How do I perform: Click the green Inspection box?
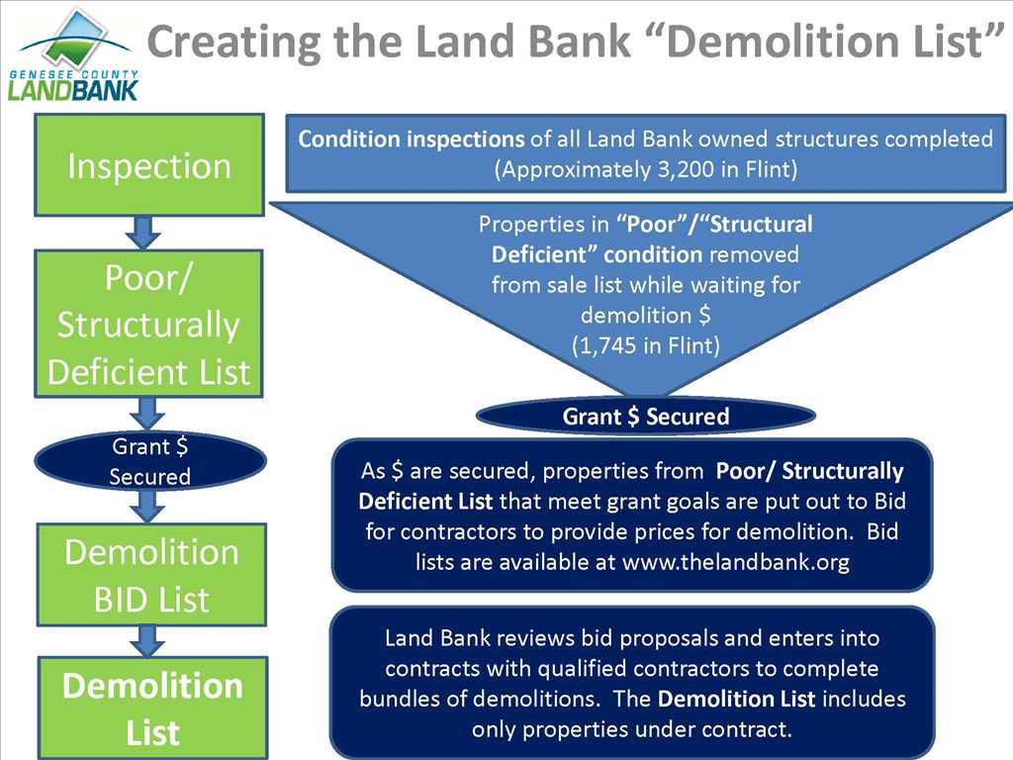149,165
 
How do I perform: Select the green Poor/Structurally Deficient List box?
149,325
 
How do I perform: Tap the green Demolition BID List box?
151,575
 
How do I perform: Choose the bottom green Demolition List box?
152,709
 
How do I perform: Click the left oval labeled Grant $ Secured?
149,461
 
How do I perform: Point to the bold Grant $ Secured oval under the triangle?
645,417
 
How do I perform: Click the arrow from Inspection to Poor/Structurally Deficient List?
145,233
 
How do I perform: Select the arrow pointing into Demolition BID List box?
147,506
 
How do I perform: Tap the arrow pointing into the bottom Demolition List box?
148,641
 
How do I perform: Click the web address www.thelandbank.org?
735,560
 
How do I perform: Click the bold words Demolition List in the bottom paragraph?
736,699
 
